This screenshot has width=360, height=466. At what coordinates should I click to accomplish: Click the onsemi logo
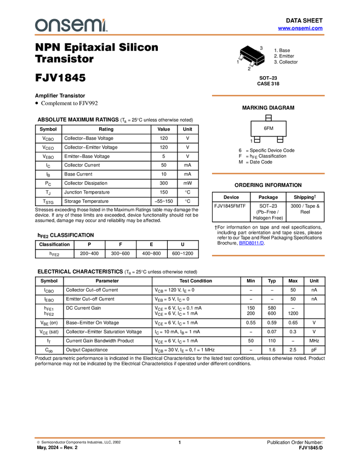click(x=71, y=25)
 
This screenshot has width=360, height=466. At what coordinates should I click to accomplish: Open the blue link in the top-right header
click(x=300, y=29)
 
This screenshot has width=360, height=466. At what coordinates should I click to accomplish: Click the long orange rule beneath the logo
click(x=180, y=35)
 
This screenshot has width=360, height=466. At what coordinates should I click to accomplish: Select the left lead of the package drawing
click(x=241, y=58)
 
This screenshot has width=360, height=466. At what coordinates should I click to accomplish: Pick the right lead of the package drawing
click(x=252, y=64)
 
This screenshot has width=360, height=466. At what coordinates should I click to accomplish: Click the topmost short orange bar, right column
click(x=268, y=95)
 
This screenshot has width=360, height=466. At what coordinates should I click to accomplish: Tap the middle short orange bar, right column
click(x=268, y=174)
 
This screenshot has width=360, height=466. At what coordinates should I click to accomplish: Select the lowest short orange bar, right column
click(x=268, y=255)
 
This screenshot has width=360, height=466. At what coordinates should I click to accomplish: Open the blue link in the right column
click(x=251, y=243)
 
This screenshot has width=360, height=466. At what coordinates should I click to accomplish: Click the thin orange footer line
click(x=180, y=438)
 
